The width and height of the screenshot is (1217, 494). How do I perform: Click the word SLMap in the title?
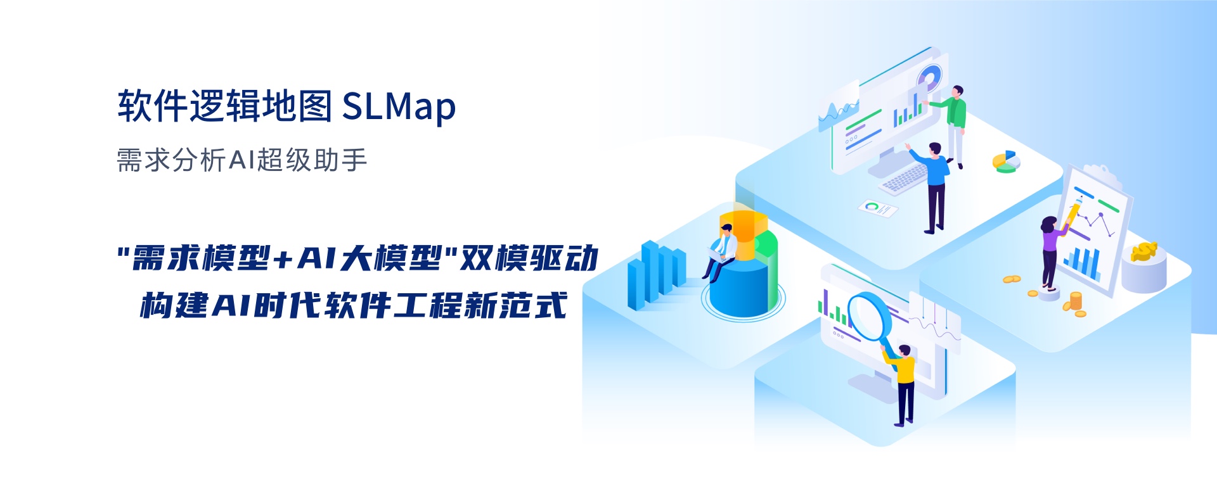click(x=399, y=106)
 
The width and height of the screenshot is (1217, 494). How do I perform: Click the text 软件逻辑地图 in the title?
click(x=225, y=105)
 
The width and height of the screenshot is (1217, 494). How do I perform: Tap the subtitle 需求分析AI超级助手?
click(x=242, y=160)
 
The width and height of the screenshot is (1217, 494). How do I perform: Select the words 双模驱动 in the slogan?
click(x=529, y=258)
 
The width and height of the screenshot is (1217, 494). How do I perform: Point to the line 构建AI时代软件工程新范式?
click(x=353, y=305)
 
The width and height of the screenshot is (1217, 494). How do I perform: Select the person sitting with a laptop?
click(x=721, y=251)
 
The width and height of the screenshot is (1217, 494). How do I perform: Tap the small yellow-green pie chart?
click(x=1006, y=161)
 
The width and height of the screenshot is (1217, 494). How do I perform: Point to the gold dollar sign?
click(x=1144, y=251)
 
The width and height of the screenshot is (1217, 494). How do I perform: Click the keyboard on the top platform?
click(x=905, y=178)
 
